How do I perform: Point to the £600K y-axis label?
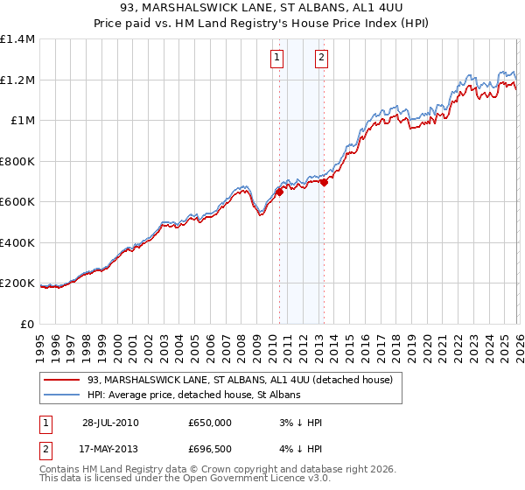(17, 201)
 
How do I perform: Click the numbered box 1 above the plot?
(277, 59)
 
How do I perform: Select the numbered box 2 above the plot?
(321, 59)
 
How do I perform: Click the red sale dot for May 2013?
(324, 183)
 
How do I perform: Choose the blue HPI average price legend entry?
(193, 395)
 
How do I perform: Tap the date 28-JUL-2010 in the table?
(110, 423)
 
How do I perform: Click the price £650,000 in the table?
(209, 423)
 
